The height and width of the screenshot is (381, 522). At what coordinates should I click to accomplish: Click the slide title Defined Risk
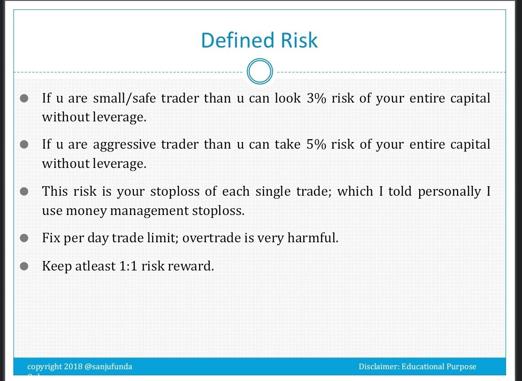[x=260, y=40]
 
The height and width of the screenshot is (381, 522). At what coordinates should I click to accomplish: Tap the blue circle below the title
[x=260, y=72]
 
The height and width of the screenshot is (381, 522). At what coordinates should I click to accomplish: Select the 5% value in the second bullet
[x=316, y=144]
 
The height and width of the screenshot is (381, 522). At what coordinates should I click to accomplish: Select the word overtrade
[x=212, y=238]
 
